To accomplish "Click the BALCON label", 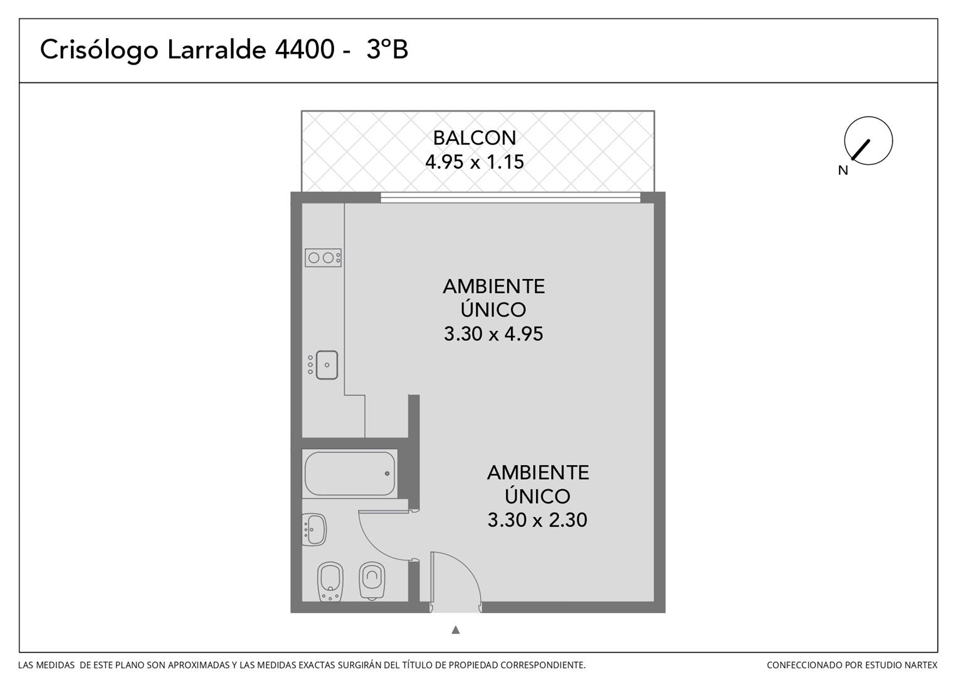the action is (474, 138).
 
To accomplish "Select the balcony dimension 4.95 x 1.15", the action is (474, 162).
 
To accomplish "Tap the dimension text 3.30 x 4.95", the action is (493, 333).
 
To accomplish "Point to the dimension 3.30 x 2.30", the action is (537, 520).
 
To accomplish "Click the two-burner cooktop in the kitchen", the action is (323, 258).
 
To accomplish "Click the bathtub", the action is (350, 473).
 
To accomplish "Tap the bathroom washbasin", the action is (314, 530).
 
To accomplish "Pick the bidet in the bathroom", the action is (330, 582).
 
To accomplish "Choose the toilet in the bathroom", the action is (372, 580).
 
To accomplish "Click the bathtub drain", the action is (387, 473).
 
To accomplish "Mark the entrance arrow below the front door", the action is (455, 629).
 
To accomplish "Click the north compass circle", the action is (868, 140).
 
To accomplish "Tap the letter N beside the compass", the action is (843, 171).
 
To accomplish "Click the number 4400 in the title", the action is (304, 50).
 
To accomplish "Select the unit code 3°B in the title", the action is (387, 50).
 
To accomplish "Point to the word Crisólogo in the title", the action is (99, 51).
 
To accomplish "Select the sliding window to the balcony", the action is (510, 197).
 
